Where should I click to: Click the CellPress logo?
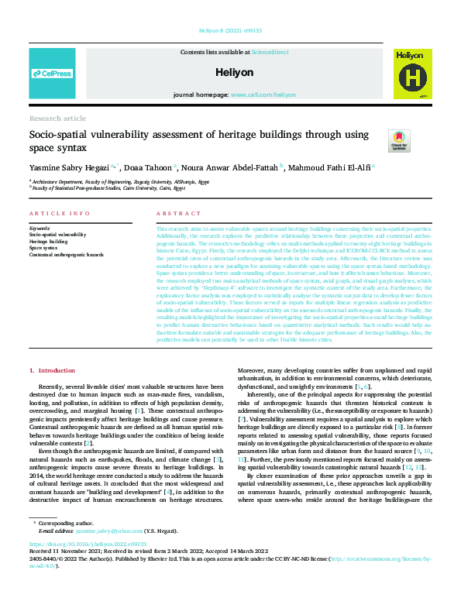[x=52, y=74]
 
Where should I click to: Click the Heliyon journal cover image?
[x=411, y=74]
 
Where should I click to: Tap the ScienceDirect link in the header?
[x=270, y=51]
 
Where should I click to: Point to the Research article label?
[x=57, y=119]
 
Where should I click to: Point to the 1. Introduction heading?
[x=52, y=372]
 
